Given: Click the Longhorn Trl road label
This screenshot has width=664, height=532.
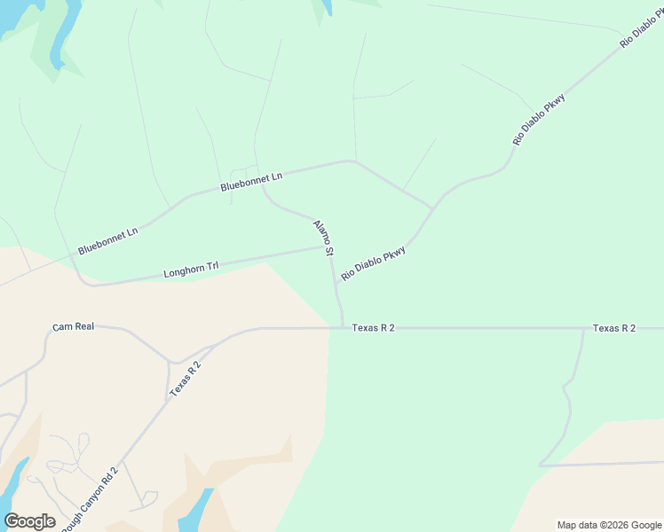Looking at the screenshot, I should [191, 269].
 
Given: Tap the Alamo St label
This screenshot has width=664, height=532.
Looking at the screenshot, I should [323, 239].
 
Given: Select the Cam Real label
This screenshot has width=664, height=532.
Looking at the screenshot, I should [73, 327].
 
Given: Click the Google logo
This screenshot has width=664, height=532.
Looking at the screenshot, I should [29, 521].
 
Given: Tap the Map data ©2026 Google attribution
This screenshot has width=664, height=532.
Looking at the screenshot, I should [610, 525].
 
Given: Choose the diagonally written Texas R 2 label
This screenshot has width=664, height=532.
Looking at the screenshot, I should [186, 377].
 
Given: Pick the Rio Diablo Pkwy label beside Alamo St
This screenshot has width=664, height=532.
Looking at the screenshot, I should [373, 263].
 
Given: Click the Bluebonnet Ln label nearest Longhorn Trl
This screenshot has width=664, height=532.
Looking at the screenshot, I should [108, 241].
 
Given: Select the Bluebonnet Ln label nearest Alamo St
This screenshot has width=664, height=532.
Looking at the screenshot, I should [251, 182].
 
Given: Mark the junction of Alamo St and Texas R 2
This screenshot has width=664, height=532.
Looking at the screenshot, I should [343, 327].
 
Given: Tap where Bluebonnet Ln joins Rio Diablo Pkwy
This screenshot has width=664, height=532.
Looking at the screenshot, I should [433, 208].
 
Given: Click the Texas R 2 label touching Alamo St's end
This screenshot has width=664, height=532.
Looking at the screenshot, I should [373, 328].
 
